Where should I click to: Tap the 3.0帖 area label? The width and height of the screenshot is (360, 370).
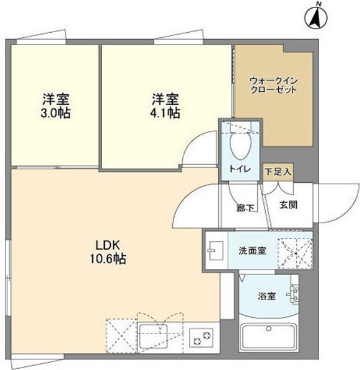(55, 113)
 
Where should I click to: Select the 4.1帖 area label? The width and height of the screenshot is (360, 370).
(166, 113)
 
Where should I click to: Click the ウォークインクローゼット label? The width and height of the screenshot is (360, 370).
(273, 86)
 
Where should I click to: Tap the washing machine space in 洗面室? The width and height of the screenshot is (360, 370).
(294, 251)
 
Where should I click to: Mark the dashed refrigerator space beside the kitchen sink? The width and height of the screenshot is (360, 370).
(120, 336)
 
